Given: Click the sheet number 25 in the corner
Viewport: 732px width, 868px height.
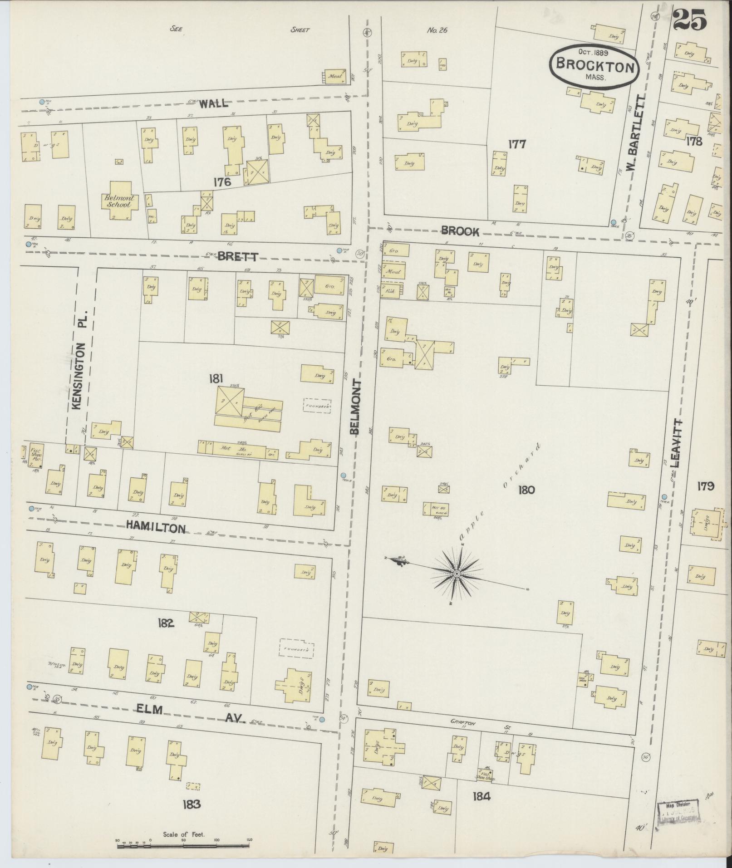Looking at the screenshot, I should (690, 21).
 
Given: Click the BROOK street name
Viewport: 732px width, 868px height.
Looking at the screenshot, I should (460, 231).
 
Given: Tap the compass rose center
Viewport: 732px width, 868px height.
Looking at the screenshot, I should (457, 574).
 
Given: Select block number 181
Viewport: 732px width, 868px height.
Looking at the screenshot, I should (215, 379).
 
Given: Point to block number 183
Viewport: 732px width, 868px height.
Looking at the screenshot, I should (191, 804).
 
